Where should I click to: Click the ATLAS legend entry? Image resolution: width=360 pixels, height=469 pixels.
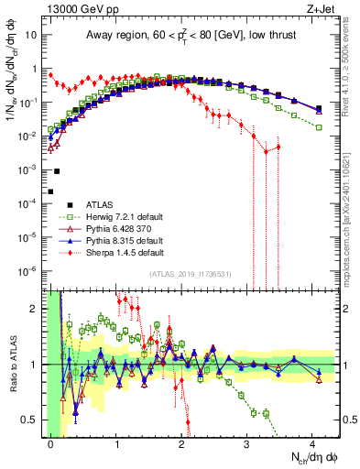click(x=89, y=202)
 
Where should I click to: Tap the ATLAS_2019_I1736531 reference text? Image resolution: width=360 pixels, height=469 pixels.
click(x=191, y=273)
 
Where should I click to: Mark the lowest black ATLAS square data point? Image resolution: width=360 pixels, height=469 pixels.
click(x=51, y=191)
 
